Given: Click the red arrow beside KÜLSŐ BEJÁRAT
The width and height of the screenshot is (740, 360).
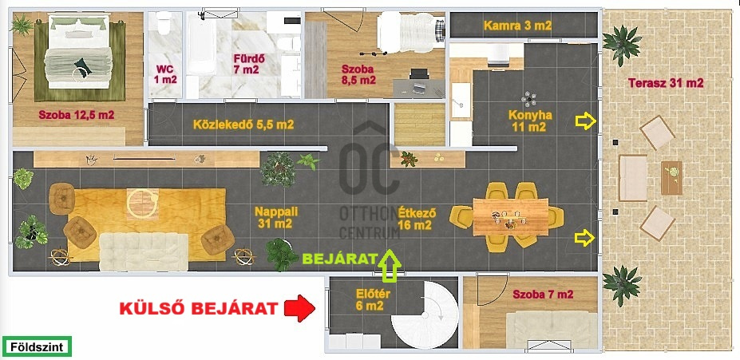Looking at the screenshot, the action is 299,309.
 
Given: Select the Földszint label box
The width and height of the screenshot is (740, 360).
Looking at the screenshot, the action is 37,346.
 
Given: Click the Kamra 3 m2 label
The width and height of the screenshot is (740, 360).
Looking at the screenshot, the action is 517,26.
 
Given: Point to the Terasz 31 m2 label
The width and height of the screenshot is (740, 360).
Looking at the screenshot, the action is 666,83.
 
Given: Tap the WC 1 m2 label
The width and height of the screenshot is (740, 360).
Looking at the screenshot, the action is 164,74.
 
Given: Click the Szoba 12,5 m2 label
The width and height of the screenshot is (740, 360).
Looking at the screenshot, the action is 77,115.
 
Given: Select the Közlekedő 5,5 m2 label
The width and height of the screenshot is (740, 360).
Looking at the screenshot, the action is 243,125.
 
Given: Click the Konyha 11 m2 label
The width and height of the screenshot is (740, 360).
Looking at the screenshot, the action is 529,121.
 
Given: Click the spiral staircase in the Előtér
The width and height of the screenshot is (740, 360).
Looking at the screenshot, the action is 424,315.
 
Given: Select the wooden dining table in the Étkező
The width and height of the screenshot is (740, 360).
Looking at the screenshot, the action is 511,216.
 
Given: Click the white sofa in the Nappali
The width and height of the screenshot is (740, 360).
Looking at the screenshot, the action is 144,252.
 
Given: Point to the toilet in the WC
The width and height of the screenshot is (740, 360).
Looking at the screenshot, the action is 164,23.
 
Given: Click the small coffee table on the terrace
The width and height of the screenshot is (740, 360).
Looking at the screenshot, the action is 671,178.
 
